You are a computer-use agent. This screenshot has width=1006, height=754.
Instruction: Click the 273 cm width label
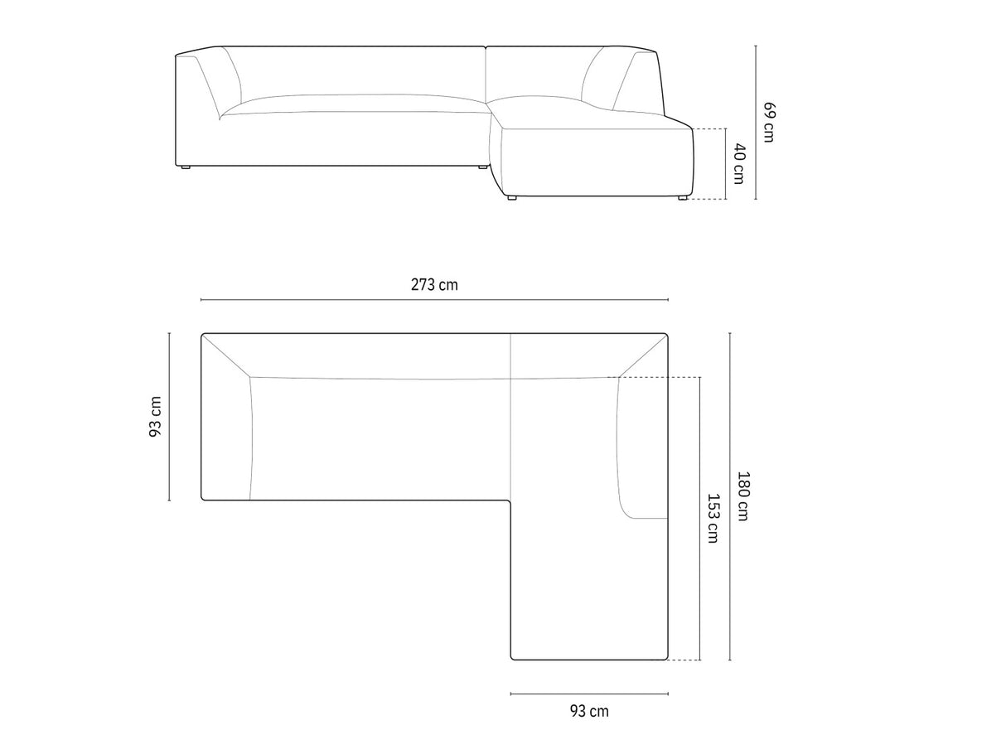434,285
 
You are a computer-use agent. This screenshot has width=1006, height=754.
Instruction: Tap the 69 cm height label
770,123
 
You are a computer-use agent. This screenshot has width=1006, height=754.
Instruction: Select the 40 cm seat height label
739,164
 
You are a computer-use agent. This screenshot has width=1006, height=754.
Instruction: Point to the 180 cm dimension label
743,496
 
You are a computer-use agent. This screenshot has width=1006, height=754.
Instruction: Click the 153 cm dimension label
713,518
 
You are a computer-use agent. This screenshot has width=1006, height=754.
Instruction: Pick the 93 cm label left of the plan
155,417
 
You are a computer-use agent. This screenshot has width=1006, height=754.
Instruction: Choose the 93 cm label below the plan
589,712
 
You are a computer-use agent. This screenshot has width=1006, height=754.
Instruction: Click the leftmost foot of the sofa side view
185,167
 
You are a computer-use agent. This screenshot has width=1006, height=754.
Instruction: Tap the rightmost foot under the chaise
683,198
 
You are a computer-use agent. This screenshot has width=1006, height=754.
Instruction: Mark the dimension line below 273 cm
434,300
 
